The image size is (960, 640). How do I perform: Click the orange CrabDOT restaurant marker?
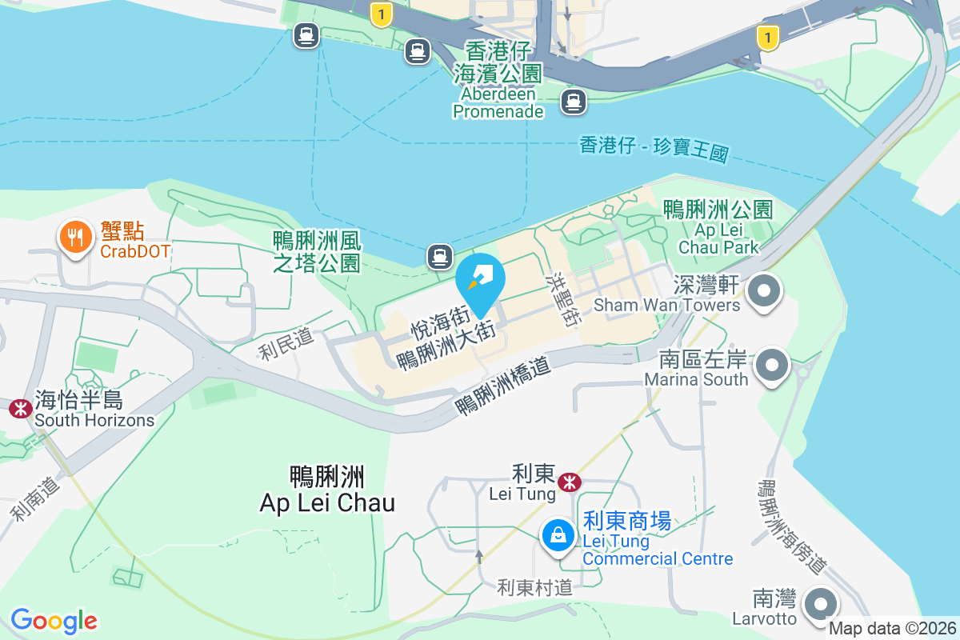tap(74, 238)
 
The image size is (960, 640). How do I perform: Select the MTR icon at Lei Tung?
tap(570, 482)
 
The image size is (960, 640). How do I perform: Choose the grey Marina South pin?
tap(772, 366)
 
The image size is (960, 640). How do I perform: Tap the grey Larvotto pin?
tap(819, 605)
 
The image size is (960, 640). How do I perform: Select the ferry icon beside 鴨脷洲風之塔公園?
tap(438, 256)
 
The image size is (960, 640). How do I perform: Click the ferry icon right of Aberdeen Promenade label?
tap(573, 102)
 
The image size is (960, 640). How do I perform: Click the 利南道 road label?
tap(36, 498)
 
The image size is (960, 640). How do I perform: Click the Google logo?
tap(54, 621)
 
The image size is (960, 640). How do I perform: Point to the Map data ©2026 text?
tap(891, 628)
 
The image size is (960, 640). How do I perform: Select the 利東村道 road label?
tap(534, 587)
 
